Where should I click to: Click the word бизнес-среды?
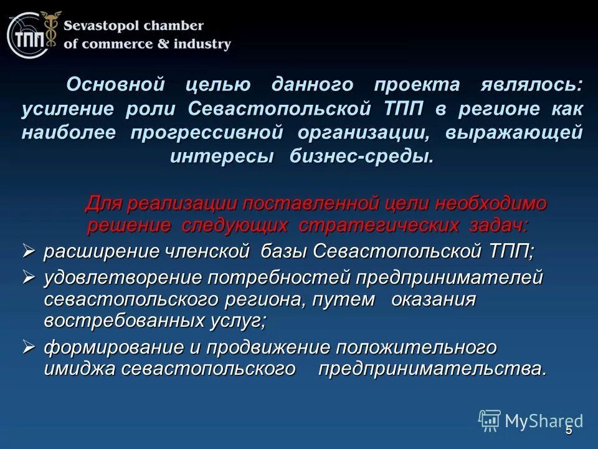click(361, 157)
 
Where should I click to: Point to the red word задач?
click(498, 225)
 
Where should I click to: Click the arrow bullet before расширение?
click(29, 251)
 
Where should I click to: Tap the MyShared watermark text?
click(544, 421)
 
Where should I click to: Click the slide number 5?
click(568, 431)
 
